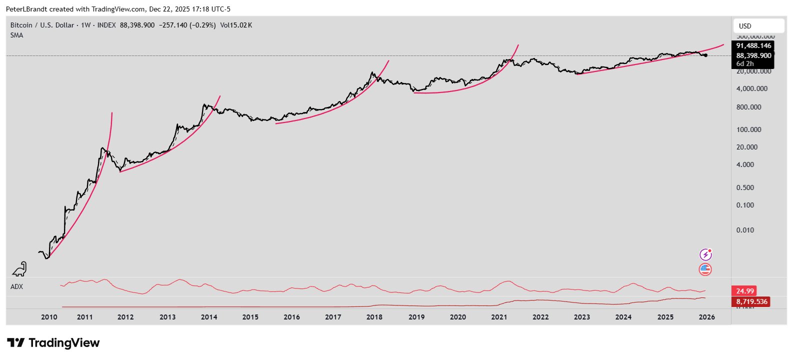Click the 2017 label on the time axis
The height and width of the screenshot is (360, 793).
tap(333, 317)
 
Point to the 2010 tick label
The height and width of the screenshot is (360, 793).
tap(49, 317)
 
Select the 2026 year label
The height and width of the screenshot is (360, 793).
tap(706, 317)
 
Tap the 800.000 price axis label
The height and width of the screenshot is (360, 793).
tap(748, 107)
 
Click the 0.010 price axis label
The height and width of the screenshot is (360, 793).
tap(745, 230)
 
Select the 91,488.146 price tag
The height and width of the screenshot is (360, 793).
tap(753, 45)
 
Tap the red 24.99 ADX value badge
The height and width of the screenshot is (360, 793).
tap(744, 291)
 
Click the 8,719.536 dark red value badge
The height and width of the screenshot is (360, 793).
tap(751, 301)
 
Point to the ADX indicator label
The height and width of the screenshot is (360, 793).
tap(16, 286)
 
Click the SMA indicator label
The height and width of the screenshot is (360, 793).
tap(16, 35)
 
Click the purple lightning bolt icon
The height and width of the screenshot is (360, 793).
tap(705, 254)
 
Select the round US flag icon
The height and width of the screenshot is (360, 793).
tap(705, 269)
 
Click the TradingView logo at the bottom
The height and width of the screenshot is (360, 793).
tap(53, 343)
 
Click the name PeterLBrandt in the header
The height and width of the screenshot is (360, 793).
tap(26, 9)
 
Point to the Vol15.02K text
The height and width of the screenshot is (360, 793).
tap(236, 25)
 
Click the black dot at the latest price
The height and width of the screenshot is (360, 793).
tap(705, 55)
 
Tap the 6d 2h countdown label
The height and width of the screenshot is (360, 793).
tap(745, 63)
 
